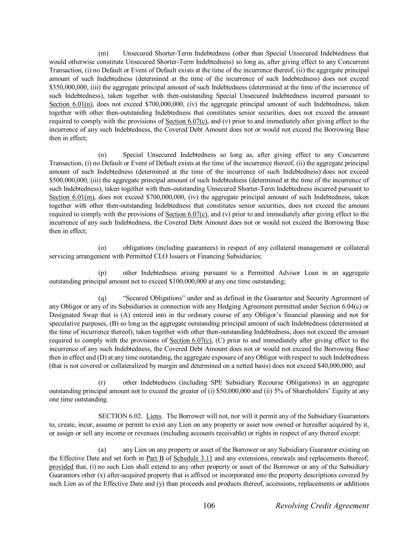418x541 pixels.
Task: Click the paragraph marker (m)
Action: pyautogui.click(x=103, y=53)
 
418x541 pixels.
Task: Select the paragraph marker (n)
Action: pyautogui.click(x=103, y=155)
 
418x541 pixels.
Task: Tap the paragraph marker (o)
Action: pyautogui.click(x=103, y=248)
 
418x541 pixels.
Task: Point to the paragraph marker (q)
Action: pyautogui.click(x=103, y=298)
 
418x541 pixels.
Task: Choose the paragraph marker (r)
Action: pyautogui.click(x=102, y=382)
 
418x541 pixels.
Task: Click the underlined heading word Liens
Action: pyautogui.click(x=154, y=417)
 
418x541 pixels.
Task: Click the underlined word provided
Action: pyautogui.click(x=61, y=467)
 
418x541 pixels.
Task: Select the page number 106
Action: pyautogui.click(x=209, y=506)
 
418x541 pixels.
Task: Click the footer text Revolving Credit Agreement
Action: pyautogui.click(x=322, y=506)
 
